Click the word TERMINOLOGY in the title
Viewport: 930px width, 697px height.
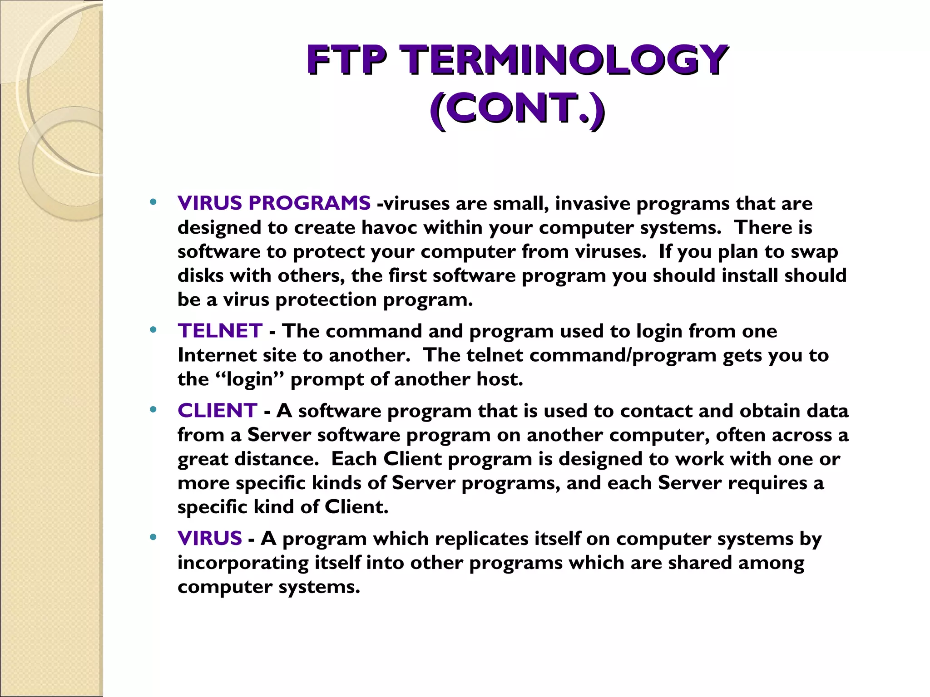click(x=566, y=60)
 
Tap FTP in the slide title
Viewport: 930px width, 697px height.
click(x=346, y=60)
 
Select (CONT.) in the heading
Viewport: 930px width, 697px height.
click(x=517, y=109)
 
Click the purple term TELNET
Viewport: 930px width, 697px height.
click(x=220, y=331)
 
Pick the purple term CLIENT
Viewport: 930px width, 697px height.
click(x=218, y=411)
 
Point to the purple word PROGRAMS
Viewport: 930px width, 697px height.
click(x=309, y=203)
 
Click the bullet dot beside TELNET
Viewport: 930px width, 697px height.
click(x=153, y=329)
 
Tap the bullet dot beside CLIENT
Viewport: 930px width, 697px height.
click(x=153, y=410)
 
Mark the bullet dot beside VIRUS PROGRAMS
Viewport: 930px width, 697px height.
click(x=153, y=202)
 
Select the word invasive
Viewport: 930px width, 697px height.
click(x=592, y=203)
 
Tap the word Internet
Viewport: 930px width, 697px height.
click(x=217, y=355)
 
